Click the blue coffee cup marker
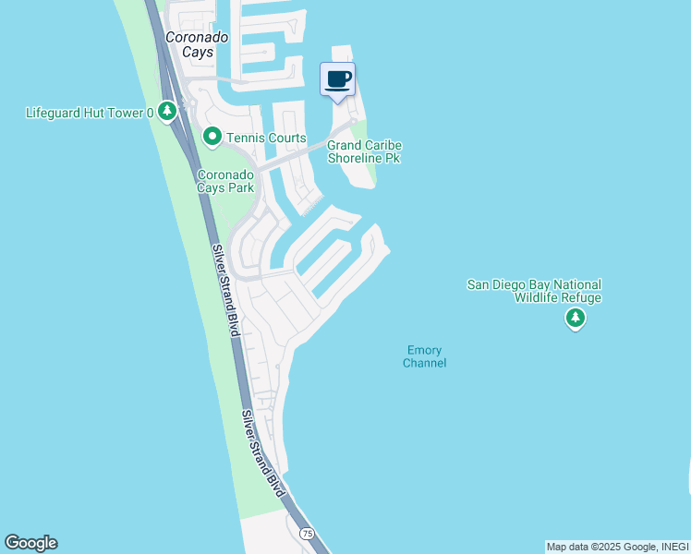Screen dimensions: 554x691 pos(337,79)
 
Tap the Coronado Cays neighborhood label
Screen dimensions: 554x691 pos(189,44)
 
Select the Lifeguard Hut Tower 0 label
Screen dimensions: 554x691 pos(90,113)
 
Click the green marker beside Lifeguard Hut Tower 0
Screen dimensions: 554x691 pos(166,112)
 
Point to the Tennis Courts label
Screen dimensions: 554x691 pos(268,138)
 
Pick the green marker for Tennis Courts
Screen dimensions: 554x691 pos(212,138)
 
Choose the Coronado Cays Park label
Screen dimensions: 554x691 pos(224,180)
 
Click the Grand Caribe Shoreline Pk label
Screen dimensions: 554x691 pos(365,151)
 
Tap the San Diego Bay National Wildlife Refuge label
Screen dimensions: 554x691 pos(533,291)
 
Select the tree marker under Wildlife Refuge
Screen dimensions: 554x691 pos(576,319)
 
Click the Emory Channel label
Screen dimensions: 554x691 pos(424,356)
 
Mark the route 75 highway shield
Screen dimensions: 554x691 pos(306,534)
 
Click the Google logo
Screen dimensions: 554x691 pos(30,543)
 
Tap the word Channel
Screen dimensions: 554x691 pos(424,363)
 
